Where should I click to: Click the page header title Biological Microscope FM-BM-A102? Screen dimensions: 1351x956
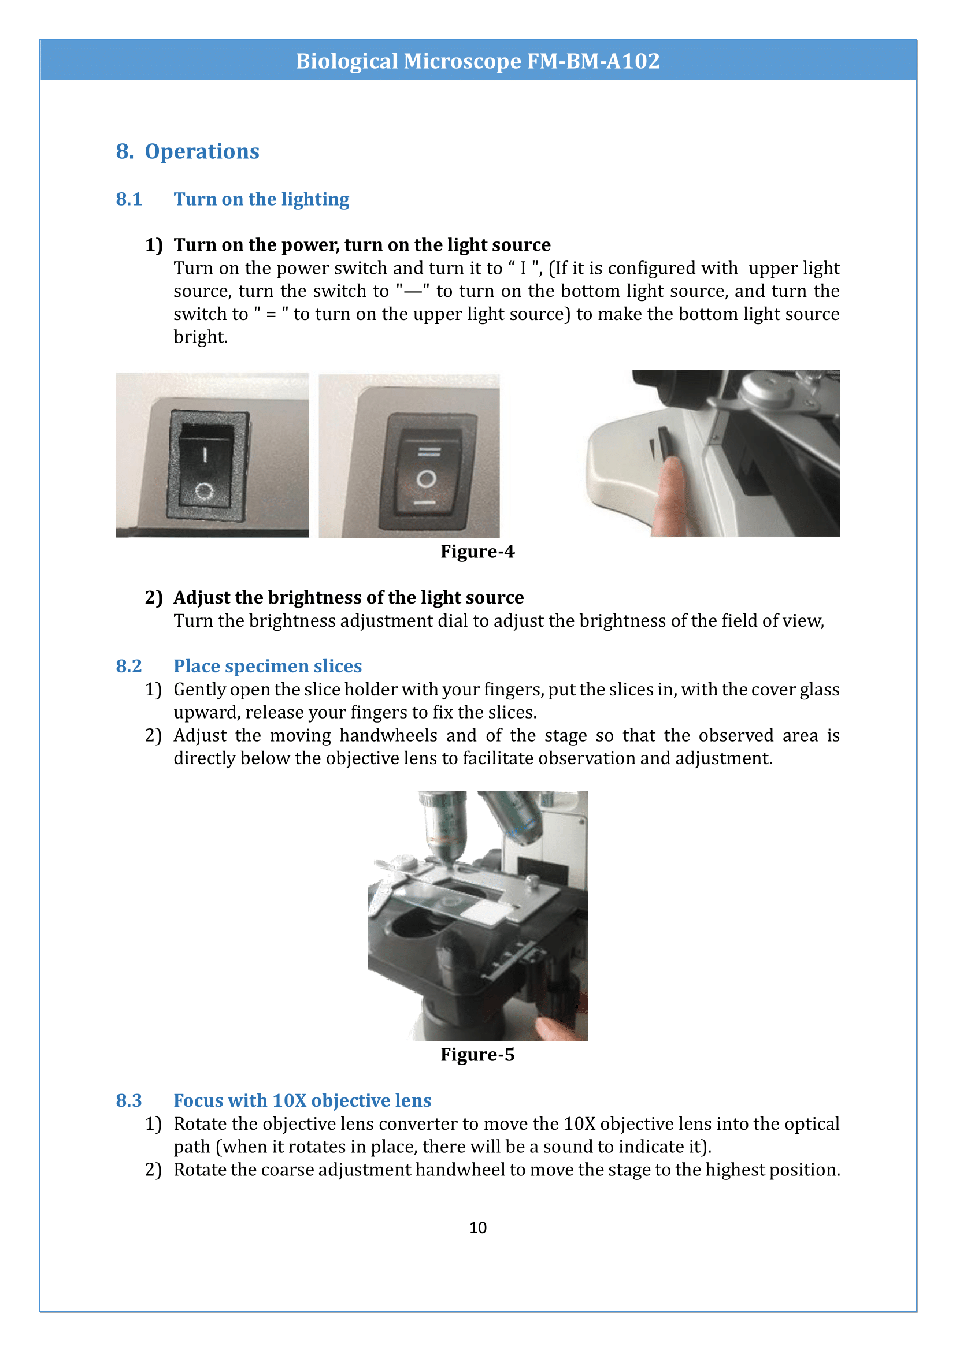tap(477, 61)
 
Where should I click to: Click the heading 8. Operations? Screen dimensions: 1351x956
tap(187, 151)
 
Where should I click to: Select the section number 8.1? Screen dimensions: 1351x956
tap(128, 199)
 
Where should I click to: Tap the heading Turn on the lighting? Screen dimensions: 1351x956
tap(261, 199)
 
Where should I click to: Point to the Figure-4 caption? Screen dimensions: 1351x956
tap(477, 552)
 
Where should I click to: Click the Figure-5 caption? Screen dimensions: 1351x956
tap(477, 1055)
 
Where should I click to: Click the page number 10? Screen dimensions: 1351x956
tap(477, 1227)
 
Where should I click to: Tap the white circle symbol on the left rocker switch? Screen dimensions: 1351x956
tap(204, 490)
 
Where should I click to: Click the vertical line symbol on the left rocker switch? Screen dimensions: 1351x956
tap(205, 453)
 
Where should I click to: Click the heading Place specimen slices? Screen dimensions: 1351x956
tap(267, 666)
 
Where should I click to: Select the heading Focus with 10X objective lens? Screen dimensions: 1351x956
tap(302, 1100)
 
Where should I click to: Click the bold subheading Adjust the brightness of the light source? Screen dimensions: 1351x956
tap(348, 597)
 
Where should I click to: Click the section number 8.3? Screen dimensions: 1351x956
tap(128, 1100)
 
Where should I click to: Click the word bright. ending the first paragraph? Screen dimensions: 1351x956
tap(200, 337)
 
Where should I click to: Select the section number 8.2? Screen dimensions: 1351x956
tap(128, 666)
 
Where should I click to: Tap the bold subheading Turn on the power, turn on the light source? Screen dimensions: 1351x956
tap(361, 245)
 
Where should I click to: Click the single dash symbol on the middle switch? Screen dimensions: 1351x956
tap(424, 503)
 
